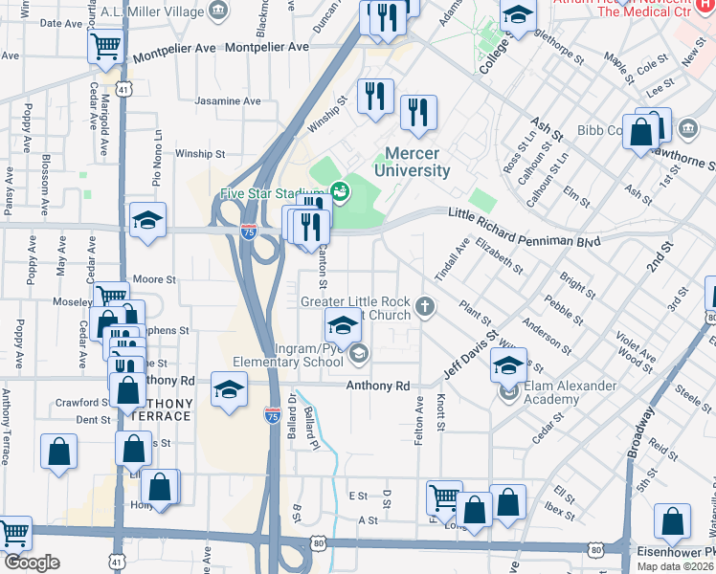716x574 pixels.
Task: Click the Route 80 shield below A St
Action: (317, 542)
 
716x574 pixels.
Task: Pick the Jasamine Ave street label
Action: (227, 101)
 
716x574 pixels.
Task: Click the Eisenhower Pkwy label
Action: (674, 552)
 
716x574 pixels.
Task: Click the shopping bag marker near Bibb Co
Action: (641, 133)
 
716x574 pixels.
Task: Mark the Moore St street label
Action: (155, 279)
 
